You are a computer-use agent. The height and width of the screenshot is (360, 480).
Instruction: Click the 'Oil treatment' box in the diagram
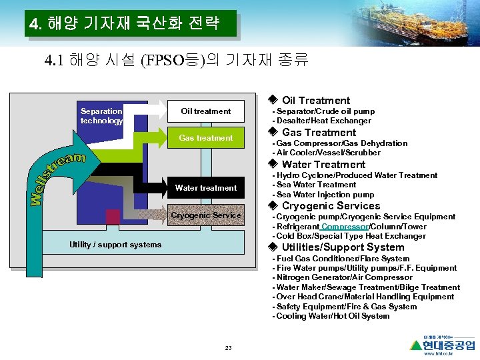[x=205, y=111]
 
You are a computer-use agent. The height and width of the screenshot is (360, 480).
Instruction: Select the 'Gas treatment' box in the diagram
[x=205, y=138]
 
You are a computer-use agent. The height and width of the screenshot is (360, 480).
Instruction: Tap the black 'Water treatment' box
[x=205, y=188]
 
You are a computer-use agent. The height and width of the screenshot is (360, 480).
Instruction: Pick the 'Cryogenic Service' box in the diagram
[x=206, y=215]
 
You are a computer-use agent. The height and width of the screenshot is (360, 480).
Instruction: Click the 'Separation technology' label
[x=101, y=116]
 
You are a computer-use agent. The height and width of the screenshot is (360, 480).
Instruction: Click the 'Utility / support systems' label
[x=115, y=245]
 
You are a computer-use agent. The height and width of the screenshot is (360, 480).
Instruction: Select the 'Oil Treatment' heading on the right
[x=315, y=101]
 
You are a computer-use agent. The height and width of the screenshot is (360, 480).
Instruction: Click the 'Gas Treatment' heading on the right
[x=319, y=133]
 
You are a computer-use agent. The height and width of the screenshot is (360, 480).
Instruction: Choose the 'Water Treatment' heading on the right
[x=323, y=165]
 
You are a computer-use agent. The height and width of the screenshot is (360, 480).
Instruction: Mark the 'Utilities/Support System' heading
[x=343, y=247]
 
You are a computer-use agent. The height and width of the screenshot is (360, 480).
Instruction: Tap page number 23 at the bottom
[x=228, y=348]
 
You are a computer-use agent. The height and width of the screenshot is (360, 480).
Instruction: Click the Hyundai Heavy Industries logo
[x=443, y=345]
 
